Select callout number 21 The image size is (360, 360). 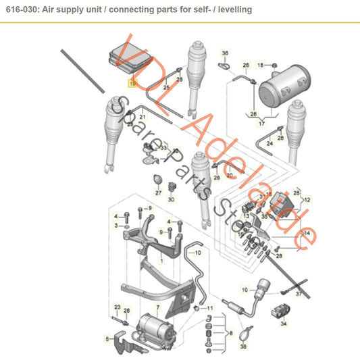click(143, 117)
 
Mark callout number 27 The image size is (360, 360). click(157, 192)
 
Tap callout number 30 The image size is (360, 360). click(172, 200)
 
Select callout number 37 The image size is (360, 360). click(299, 293)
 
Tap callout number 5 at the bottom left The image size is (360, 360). click(107, 338)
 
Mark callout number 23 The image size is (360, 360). click(116, 307)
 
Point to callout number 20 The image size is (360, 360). click(230, 175)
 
